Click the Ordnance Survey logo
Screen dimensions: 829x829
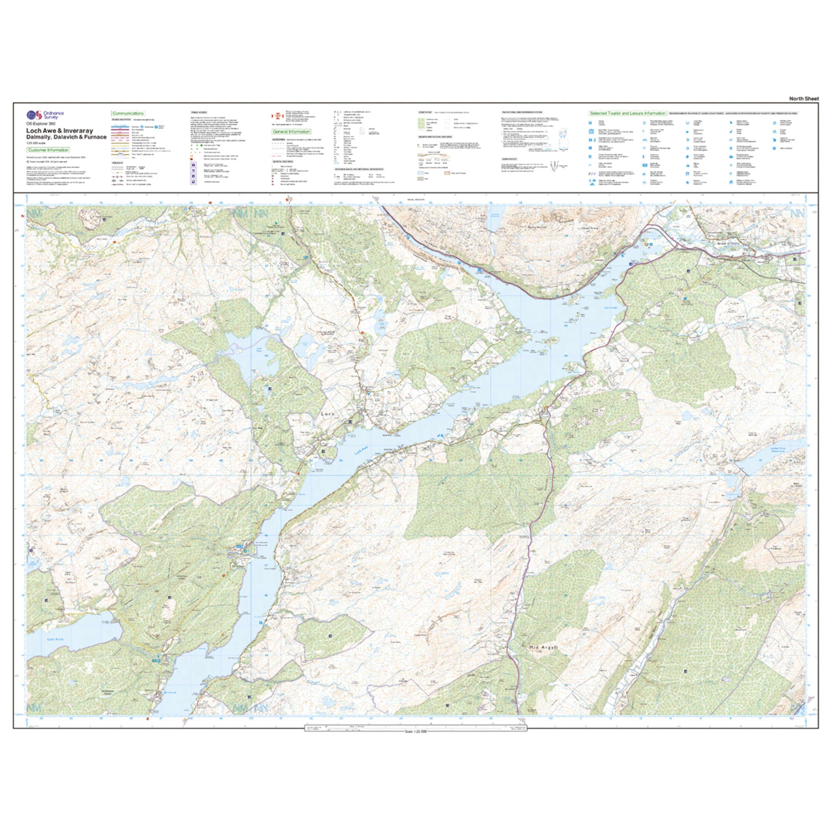coord(45,115)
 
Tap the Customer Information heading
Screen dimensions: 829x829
coord(48,150)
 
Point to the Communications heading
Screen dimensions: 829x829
coord(128,113)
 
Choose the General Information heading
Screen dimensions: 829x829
coord(291,132)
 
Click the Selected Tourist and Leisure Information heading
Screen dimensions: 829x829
coord(627,113)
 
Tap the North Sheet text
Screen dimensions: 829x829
coord(804,99)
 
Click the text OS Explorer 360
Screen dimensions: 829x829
coord(41,124)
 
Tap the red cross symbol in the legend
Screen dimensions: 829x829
coord(277,116)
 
